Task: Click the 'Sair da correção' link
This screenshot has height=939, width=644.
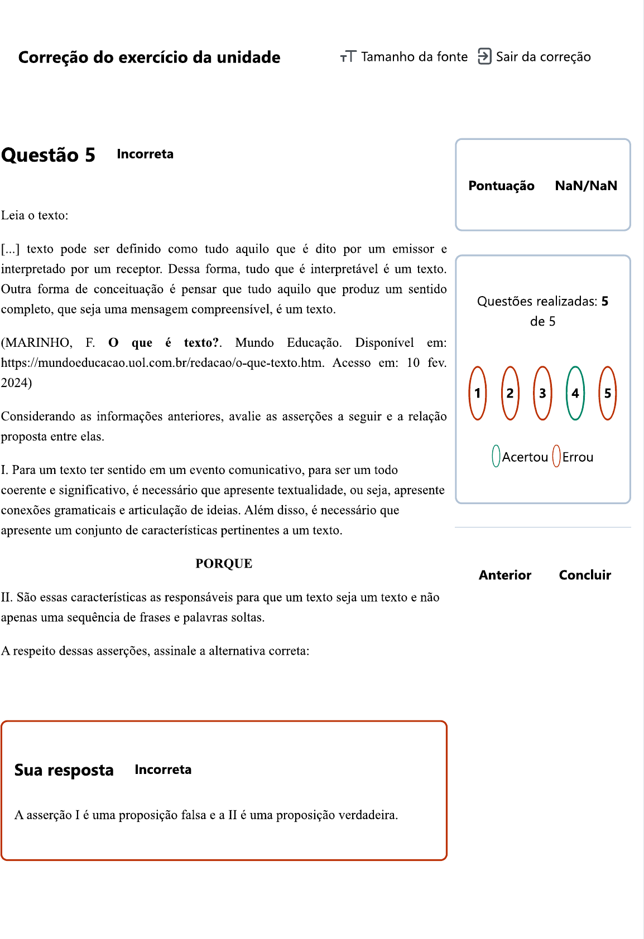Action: tap(535, 57)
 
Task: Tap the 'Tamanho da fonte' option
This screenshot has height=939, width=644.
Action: tap(404, 57)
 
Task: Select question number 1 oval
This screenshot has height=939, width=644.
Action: tap(478, 393)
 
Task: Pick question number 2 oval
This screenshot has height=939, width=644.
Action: tap(510, 393)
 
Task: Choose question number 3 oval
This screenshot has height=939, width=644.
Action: tap(542, 393)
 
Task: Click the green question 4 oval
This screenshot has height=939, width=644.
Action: tap(575, 393)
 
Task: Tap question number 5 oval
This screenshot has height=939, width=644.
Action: tap(607, 393)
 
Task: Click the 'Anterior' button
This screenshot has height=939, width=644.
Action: tap(504, 575)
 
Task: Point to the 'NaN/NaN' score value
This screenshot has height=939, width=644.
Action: tap(585, 186)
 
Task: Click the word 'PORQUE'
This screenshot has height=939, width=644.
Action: tap(224, 564)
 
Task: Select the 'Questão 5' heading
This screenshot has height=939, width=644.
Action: tap(48, 155)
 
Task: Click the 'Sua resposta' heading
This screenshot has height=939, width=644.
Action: tap(64, 770)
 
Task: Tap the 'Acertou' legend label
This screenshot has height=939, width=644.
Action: tap(525, 457)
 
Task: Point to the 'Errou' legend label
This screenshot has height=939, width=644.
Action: tap(578, 457)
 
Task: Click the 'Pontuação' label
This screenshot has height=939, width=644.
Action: tap(501, 186)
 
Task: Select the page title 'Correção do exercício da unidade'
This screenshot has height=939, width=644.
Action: tap(149, 57)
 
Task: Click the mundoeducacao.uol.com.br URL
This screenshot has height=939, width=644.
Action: tap(162, 363)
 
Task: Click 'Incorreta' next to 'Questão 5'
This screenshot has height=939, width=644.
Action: tap(145, 154)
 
